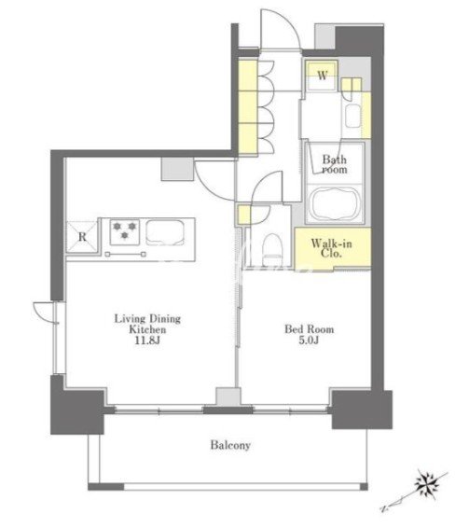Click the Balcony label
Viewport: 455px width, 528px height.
coord(230,445)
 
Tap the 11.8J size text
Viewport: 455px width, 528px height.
coord(147,340)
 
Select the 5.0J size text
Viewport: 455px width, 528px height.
coord(309,340)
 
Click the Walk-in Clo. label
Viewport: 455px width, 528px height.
coord(332,248)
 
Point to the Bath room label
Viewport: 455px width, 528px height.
coord(335,163)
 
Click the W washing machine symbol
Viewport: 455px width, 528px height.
coord(322,76)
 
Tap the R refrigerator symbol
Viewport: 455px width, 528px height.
coord(82,237)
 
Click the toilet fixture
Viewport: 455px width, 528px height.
coord(272,250)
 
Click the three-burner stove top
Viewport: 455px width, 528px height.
coord(125,231)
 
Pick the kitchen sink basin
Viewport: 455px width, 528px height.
coord(165,232)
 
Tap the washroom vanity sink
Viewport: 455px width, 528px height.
coord(352,116)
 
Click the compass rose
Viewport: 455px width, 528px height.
coord(427,485)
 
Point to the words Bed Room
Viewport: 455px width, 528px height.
coord(310,328)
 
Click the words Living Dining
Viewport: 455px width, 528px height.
coord(147,318)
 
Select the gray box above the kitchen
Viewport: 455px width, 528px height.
coord(177,169)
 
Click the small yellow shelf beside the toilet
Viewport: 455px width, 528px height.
coord(243,215)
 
